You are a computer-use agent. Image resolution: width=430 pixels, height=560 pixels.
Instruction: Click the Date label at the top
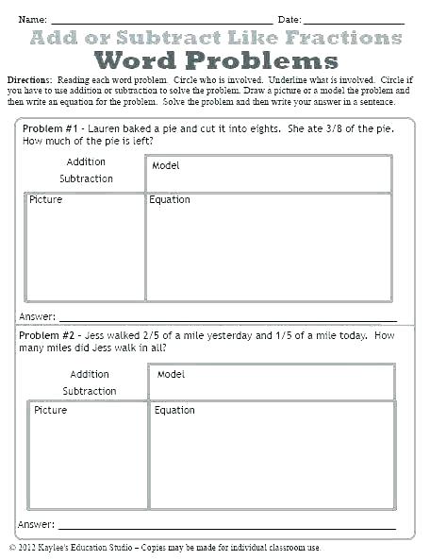pos(289,19)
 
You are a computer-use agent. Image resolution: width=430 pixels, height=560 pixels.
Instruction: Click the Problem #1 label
pos(48,128)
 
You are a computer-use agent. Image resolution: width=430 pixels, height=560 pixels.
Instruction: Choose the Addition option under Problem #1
pos(86,162)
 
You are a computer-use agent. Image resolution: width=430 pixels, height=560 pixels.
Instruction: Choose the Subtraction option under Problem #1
pos(86,178)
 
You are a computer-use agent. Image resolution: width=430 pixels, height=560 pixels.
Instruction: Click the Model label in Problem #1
pos(166,166)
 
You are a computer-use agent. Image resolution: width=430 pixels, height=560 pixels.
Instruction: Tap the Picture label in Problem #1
pos(45,200)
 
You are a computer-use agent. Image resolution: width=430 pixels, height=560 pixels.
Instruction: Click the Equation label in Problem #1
pos(170,200)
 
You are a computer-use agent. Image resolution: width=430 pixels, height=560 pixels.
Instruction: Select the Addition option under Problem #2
pos(90,375)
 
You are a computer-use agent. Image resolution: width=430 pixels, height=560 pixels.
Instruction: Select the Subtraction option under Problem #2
pos(90,391)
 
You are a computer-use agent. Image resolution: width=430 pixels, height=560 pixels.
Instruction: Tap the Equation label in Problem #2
pos(174,411)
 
